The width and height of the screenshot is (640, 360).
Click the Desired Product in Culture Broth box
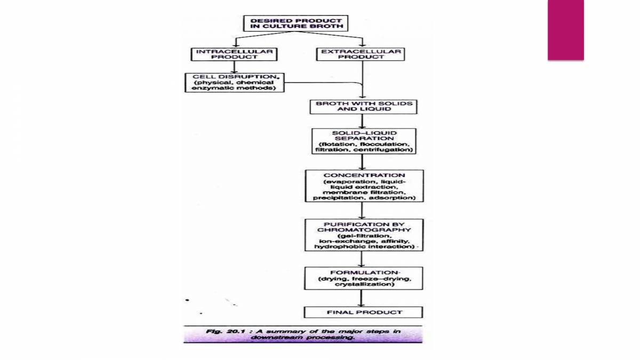click(295, 23)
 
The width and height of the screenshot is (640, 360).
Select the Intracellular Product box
click(234, 54)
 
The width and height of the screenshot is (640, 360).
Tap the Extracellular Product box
click(361, 54)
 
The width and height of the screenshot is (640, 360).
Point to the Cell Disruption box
click(234, 83)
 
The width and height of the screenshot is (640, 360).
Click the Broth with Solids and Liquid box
click(364, 106)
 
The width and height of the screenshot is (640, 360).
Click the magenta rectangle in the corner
click(565, 29)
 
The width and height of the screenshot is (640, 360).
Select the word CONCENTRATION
click(364, 175)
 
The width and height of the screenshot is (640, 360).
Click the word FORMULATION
click(364, 273)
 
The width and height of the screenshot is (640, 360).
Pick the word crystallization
click(364, 284)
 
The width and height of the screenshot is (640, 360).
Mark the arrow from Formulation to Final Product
click(363, 298)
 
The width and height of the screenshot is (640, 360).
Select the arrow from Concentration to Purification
click(363, 210)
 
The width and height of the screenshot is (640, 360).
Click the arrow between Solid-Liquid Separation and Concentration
click(363, 162)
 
